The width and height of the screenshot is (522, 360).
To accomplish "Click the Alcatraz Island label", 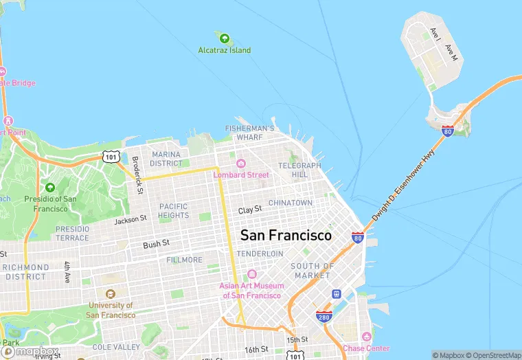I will click(224, 50).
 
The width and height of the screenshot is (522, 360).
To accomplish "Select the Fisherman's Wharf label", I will click(250, 133).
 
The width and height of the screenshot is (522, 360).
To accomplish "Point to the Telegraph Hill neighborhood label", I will click(299, 170).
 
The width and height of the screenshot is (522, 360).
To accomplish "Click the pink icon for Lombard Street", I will click(241, 164).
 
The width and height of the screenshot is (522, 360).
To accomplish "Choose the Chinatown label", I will click(290, 203).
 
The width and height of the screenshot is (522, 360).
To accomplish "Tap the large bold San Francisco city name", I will click(286, 235).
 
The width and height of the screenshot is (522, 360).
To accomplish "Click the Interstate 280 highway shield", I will click(324, 316).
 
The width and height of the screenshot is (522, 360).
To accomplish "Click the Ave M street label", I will click(451, 53).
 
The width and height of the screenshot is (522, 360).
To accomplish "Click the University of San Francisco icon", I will click(111, 294).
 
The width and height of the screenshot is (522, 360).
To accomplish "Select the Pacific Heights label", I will click(173, 210).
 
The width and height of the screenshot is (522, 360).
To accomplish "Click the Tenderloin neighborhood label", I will click(260, 254).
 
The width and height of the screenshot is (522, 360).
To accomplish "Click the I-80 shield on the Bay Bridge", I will click(448, 131).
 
